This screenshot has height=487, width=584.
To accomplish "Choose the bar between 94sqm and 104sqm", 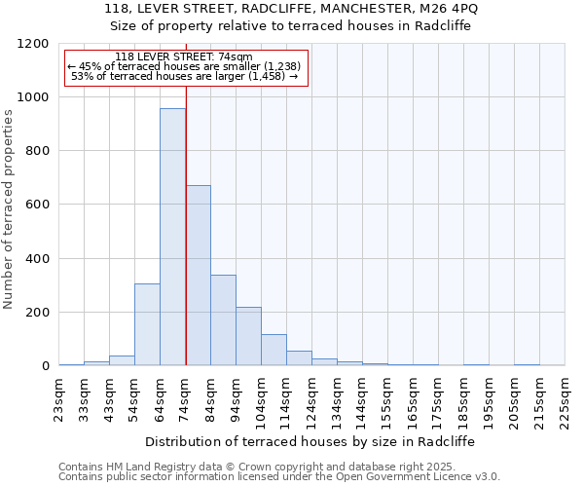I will click(x=248, y=336).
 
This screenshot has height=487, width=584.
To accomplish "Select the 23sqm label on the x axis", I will click(x=59, y=397).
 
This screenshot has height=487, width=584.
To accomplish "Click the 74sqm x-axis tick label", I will click(x=186, y=397).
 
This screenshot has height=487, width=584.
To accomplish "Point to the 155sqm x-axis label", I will click(x=388, y=397).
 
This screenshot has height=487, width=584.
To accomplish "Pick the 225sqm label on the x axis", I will click(x=566, y=397).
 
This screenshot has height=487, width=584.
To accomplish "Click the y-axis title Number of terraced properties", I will click(x=9, y=209).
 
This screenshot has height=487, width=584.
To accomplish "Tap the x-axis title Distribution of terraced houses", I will click(x=311, y=441).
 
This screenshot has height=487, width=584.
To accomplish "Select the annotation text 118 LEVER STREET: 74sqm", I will click(x=184, y=57).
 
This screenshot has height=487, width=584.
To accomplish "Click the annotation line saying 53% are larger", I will click(x=185, y=76).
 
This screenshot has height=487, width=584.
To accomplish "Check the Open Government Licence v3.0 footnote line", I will click(x=278, y=477).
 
